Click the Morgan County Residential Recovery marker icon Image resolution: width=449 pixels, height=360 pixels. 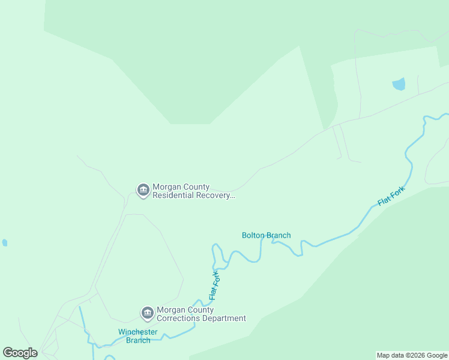[x=143, y=191]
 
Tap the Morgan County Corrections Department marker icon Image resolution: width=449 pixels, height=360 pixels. [x=148, y=313]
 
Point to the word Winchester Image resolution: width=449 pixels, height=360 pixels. [x=138, y=332]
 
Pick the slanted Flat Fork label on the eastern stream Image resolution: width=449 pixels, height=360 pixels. [x=391, y=196]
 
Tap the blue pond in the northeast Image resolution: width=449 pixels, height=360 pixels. [x=399, y=84]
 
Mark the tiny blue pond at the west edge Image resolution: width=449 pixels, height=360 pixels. [x=5, y=243]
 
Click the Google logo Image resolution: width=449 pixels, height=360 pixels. [x=20, y=353]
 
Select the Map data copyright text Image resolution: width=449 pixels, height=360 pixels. [x=412, y=355]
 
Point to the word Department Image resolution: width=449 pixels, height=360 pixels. [x=223, y=319]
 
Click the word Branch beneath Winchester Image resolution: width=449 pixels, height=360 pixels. [x=138, y=340]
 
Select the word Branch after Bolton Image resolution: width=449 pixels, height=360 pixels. [x=279, y=235]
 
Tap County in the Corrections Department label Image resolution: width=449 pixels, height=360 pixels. [x=200, y=310]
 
